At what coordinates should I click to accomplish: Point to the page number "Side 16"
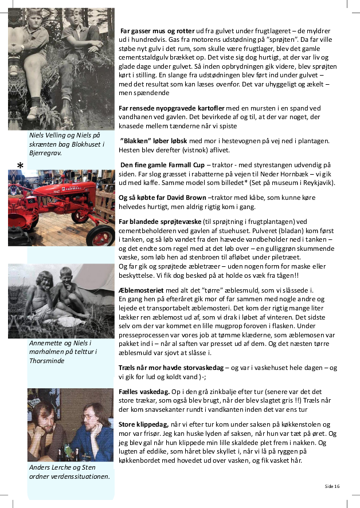[332, 486]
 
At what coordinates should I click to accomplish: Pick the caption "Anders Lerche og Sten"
[62, 467]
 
